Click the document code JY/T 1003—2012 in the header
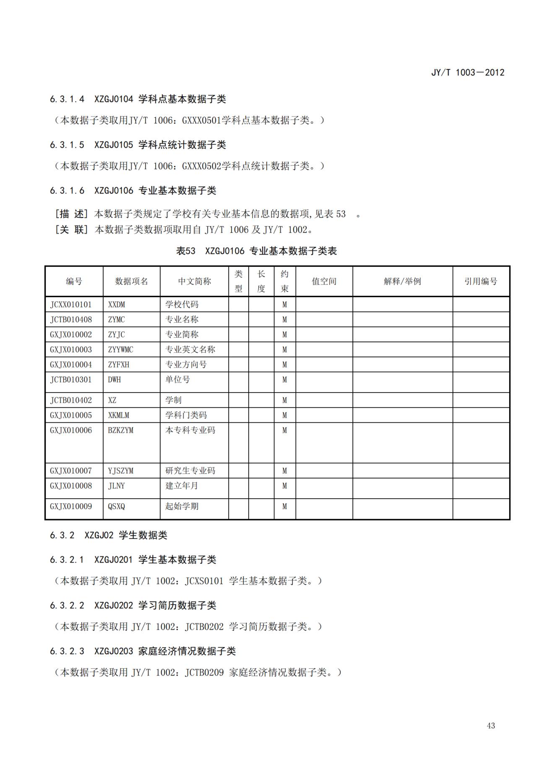(468, 72)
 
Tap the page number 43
(491, 725)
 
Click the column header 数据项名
(131, 282)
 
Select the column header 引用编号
(481, 282)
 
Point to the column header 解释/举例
(402, 282)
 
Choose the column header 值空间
(324, 282)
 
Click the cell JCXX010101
(71, 305)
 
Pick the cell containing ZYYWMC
(120, 349)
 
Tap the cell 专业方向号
(186, 365)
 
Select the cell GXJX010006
(71, 430)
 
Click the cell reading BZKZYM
(120, 430)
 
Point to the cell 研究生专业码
(190, 471)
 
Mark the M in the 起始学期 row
(284, 507)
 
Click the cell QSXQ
(116, 507)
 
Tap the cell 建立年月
(182, 486)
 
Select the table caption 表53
(185, 251)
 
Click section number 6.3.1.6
(67, 191)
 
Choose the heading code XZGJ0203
(113, 651)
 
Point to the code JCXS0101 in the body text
(204, 581)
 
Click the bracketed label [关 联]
(71, 230)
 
